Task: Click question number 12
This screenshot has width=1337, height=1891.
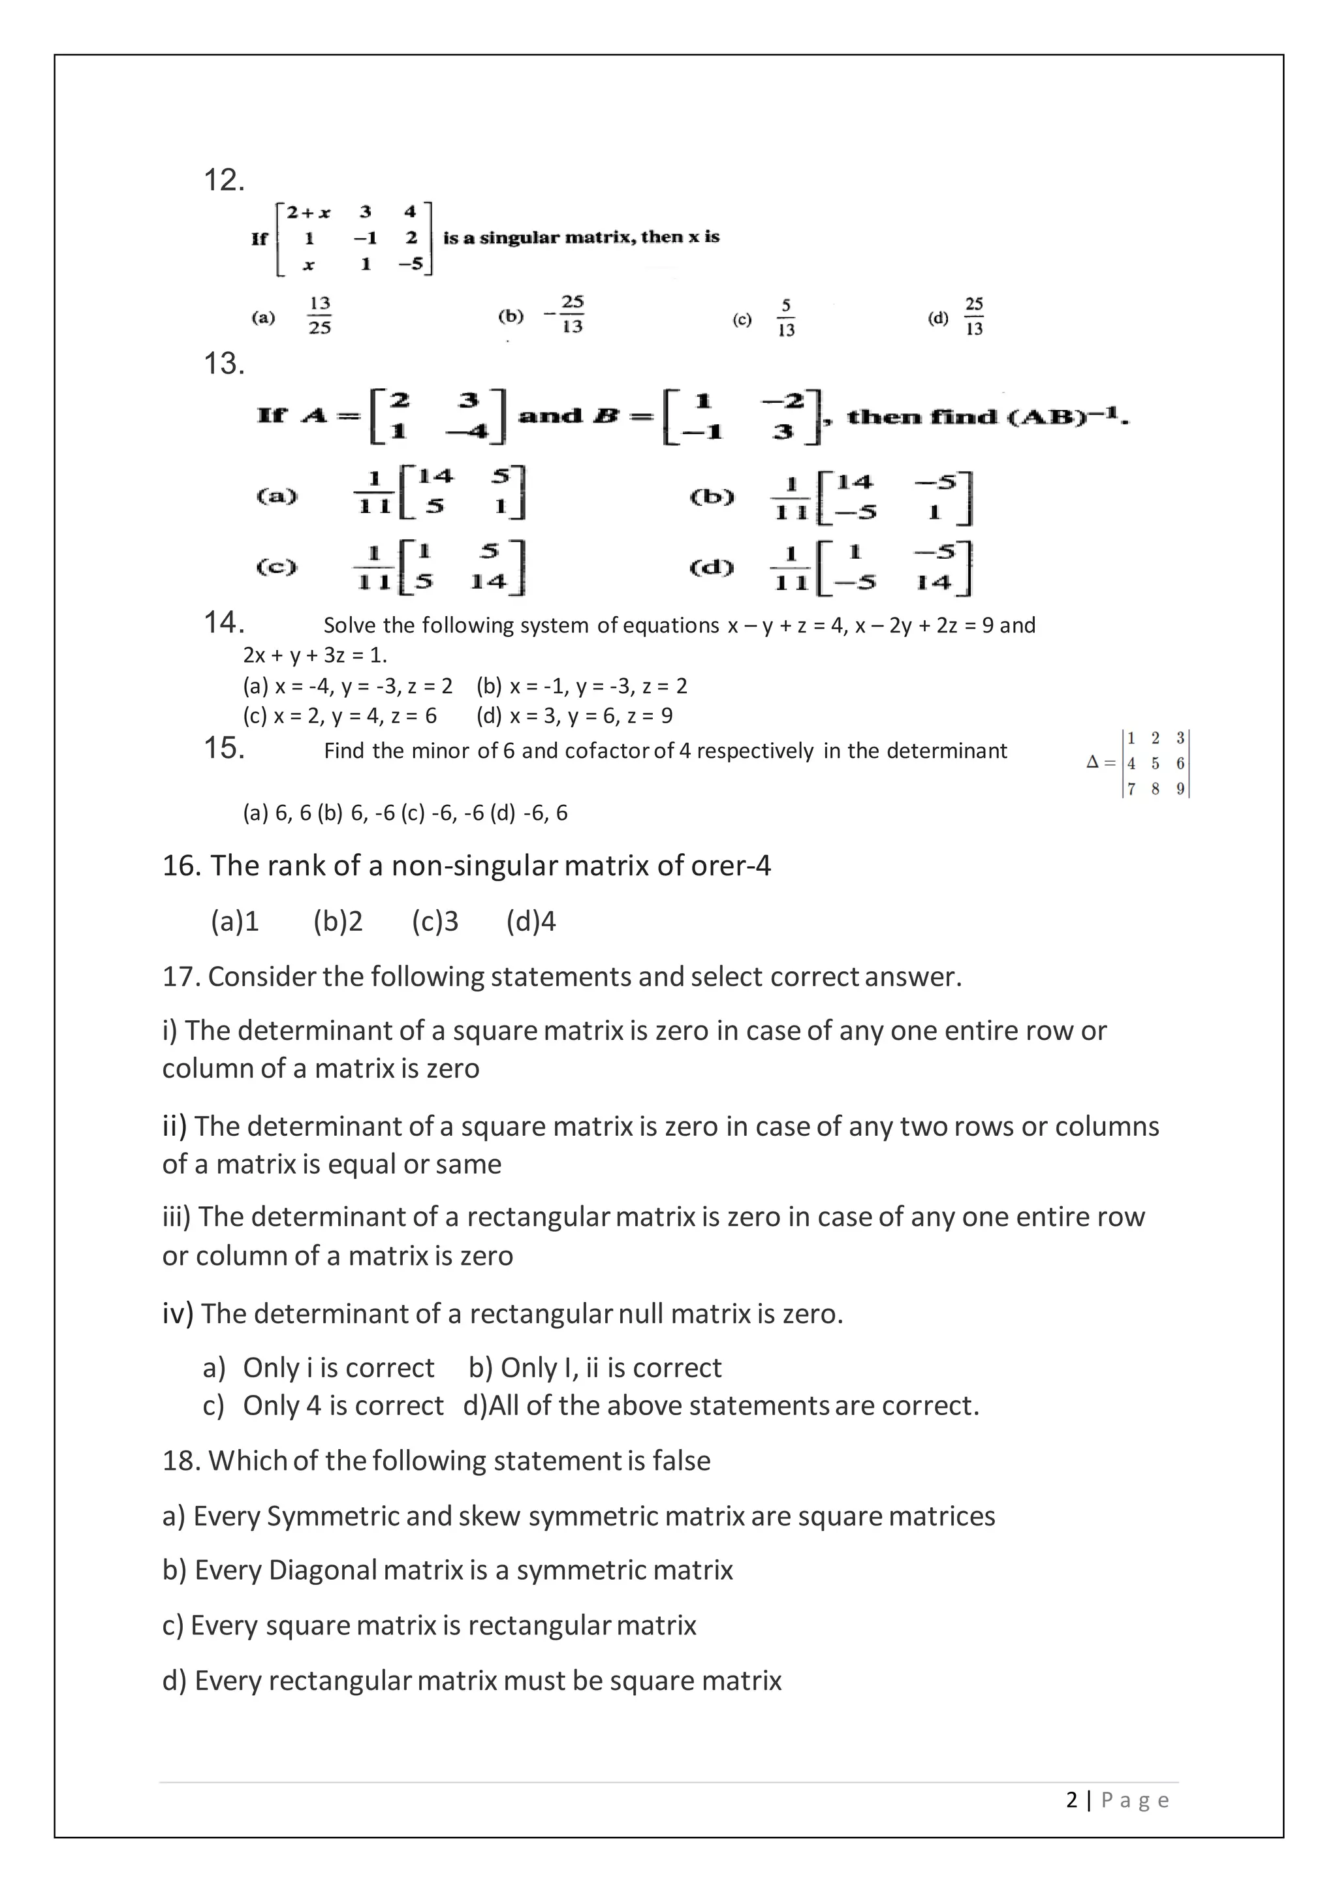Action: click(223, 180)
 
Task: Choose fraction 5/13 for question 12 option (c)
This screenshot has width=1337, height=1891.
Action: click(786, 318)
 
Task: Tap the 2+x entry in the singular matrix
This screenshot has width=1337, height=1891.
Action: click(308, 213)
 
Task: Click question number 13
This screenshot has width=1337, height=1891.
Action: click(223, 363)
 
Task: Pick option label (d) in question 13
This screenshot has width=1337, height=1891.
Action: click(711, 567)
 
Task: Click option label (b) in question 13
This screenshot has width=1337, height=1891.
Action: click(711, 497)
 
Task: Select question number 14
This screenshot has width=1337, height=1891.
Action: click(223, 623)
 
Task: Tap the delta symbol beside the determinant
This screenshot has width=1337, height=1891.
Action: click(1092, 762)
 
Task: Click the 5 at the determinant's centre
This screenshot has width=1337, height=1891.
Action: click(1155, 764)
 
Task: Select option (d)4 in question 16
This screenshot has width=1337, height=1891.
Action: click(531, 921)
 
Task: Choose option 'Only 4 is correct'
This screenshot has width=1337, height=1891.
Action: click(343, 1405)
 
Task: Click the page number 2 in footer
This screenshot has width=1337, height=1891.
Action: click(1071, 1800)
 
